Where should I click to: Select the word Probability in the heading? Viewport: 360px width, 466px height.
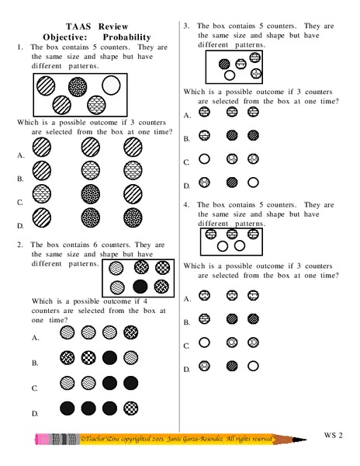126,37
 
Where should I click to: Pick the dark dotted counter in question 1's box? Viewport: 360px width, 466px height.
96,103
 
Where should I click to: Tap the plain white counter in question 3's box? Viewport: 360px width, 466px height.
230,75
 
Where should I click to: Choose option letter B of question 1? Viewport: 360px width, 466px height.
19,179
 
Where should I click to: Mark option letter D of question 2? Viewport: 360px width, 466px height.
36,412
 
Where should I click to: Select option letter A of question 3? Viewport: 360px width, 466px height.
187,115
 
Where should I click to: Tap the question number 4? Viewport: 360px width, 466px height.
187,205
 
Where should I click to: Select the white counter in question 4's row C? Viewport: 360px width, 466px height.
205,343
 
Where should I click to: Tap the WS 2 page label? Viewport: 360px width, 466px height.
334,433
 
